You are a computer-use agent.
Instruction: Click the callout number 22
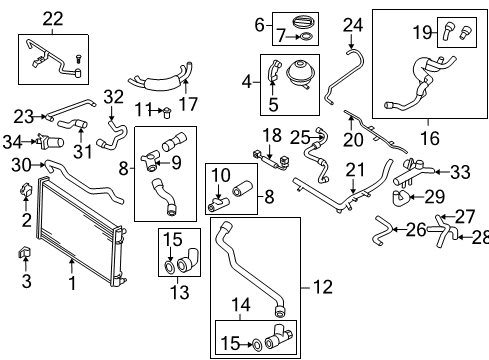point(53,19)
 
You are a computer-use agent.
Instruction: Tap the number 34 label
point(13,142)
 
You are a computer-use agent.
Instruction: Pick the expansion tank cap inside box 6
point(303,23)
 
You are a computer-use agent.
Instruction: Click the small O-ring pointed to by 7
point(306,37)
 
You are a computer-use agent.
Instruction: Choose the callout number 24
point(353,25)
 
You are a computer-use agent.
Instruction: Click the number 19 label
point(422,32)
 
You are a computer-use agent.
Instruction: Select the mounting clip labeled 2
point(25,189)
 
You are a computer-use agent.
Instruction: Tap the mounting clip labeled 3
point(24,253)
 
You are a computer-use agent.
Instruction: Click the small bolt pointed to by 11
point(166,113)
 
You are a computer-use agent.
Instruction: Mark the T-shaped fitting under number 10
point(217,204)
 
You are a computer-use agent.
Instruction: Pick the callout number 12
point(323,287)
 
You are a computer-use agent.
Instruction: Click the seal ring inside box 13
point(170,267)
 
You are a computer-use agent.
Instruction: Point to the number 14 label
point(241,305)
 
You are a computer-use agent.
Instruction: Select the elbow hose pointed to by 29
point(400,197)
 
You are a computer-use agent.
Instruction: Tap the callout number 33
point(460,172)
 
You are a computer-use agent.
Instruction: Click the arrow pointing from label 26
point(400,230)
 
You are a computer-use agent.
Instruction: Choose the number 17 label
point(188,104)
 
